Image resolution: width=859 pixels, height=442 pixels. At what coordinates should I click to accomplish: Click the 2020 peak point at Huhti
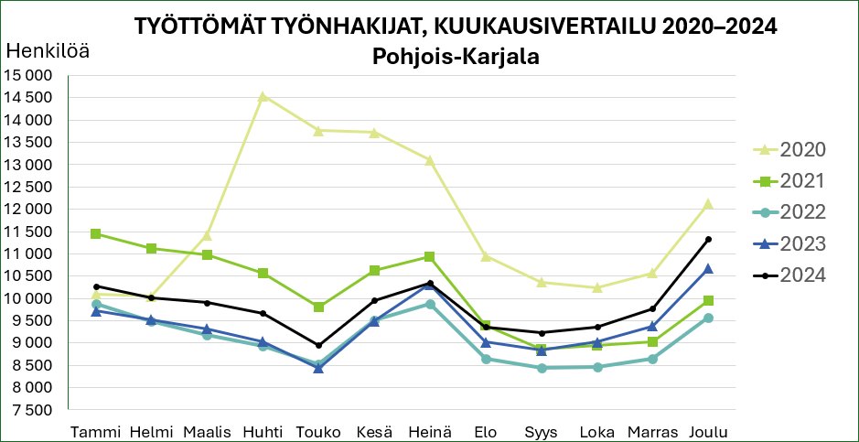[x=263, y=96]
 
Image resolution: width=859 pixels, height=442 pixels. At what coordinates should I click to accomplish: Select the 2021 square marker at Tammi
[x=96, y=234]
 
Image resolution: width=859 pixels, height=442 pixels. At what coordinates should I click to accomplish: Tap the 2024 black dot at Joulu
[x=708, y=240]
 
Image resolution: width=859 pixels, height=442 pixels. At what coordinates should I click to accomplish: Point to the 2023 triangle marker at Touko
[x=318, y=368]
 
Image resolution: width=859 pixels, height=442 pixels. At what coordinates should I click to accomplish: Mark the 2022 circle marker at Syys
[x=541, y=368]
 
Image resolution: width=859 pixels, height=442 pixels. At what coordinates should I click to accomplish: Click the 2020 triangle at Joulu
[x=708, y=204]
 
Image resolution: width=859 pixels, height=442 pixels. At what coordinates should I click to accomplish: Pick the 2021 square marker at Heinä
[x=430, y=257]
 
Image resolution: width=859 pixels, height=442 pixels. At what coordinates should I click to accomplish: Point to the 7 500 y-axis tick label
[x=33, y=410]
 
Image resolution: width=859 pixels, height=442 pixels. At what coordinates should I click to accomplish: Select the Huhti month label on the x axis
[x=263, y=432]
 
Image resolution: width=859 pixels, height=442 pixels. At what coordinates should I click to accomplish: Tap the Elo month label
[x=486, y=432]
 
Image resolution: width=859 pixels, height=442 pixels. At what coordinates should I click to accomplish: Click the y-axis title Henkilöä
[x=48, y=52]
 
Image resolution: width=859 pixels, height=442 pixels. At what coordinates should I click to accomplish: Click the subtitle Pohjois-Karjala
[x=456, y=57]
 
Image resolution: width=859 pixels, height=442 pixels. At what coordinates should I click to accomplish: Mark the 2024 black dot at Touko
[x=318, y=345]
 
